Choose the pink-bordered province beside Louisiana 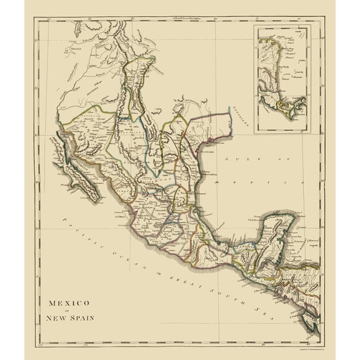tap(211, 128)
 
